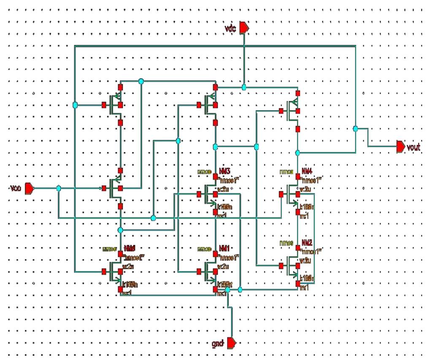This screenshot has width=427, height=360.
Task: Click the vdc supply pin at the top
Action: pyautogui.click(x=244, y=28)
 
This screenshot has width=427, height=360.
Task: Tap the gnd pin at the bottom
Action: pyautogui.click(x=231, y=342)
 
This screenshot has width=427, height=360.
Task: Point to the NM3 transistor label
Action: pyautogui.click(x=224, y=171)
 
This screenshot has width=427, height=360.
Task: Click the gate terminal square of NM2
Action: pyautogui.click(x=281, y=266)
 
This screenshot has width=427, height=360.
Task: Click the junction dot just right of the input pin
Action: pyautogui.click(x=59, y=188)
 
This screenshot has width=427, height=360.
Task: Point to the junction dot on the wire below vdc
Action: pyautogui.click(x=244, y=87)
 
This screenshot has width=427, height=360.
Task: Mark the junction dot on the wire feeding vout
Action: pyautogui.click(x=355, y=128)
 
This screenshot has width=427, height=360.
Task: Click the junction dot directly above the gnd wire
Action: pyautogui.click(x=228, y=290)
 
